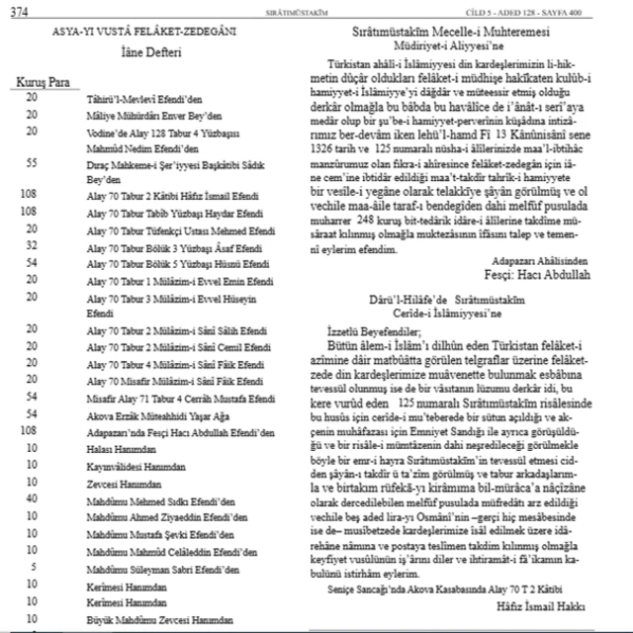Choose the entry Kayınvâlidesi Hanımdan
(133, 465)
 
